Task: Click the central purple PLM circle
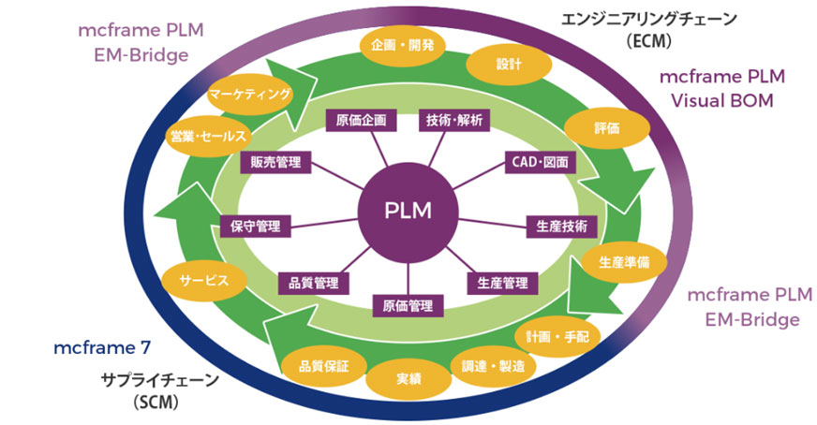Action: coord(408,210)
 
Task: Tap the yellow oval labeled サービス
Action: coord(200,280)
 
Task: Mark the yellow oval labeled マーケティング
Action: coord(250,95)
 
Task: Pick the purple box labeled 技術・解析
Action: coord(454,119)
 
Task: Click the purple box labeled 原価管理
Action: coord(408,305)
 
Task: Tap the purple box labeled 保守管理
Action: coord(255,226)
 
